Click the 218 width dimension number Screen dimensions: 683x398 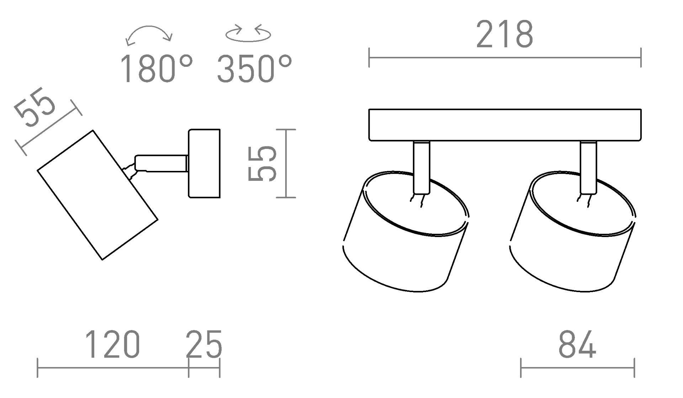[x=504, y=34]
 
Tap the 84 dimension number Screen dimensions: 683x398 [x=577, y=344]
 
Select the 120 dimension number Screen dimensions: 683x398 [x=112, y=344]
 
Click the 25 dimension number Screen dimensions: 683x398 [x=204, y=344]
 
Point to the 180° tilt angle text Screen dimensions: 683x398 [x=157, y=69]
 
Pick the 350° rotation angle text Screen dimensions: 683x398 [x=254, y=69]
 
